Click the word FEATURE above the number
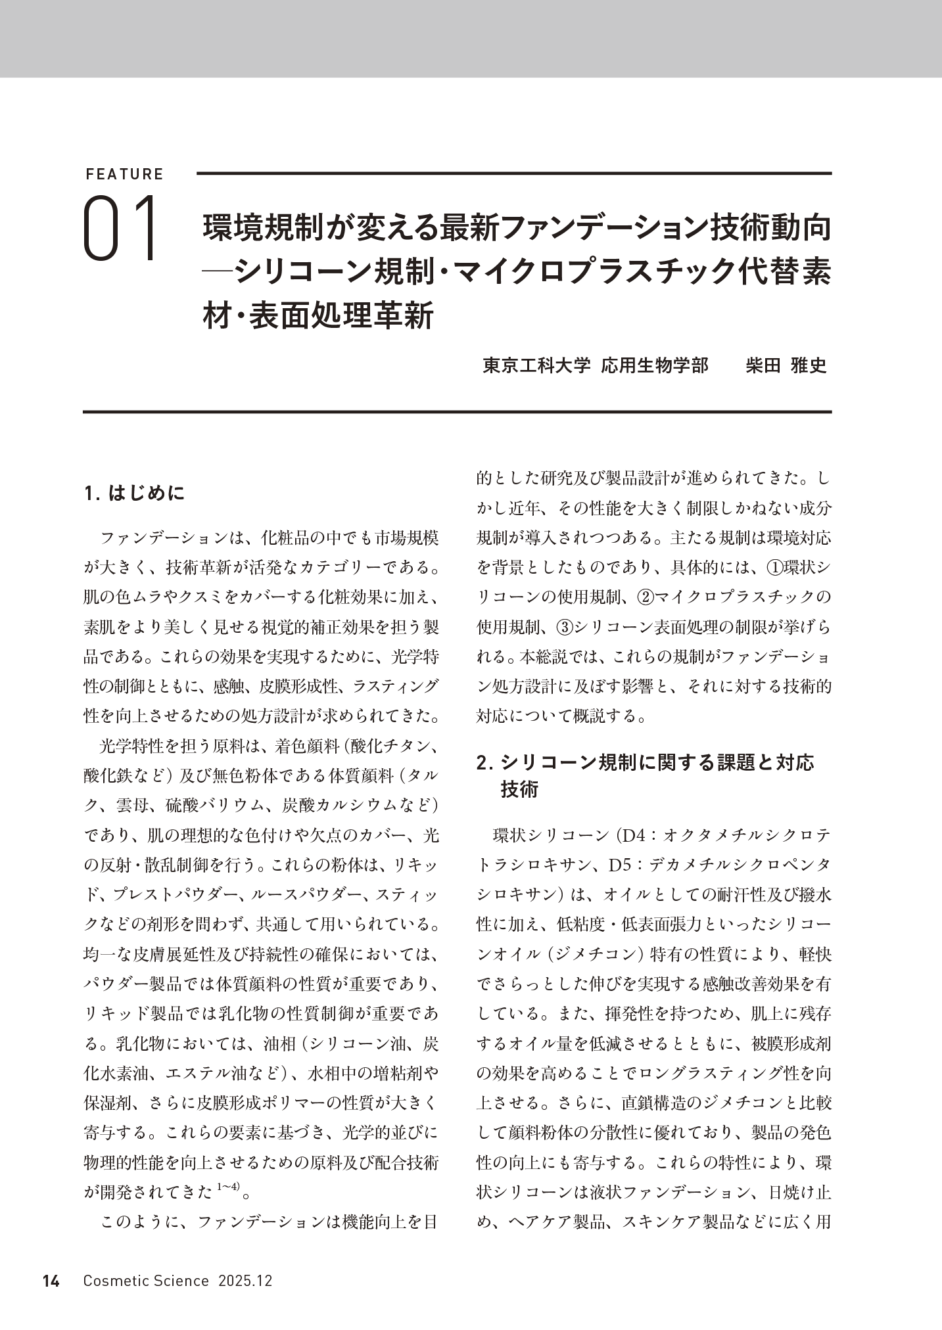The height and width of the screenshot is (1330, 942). click(x=124, y=174)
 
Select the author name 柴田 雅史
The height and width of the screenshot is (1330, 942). click(x=786, y=365)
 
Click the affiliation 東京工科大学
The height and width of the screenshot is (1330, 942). click(x=537, y=365)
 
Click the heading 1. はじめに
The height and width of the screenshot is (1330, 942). click(x=135, y=493)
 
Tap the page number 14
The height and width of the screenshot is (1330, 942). click(x=51, y=1281)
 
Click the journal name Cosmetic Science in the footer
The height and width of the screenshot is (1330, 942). click(x=146, y=1281)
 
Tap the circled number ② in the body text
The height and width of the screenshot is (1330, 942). click(x=646, y=597)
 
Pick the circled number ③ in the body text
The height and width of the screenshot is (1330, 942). click(x=564, y=627)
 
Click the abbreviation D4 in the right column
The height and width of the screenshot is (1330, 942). click(x=635, y=835)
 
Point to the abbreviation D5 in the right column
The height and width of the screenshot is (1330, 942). click(x=621, y=865)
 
